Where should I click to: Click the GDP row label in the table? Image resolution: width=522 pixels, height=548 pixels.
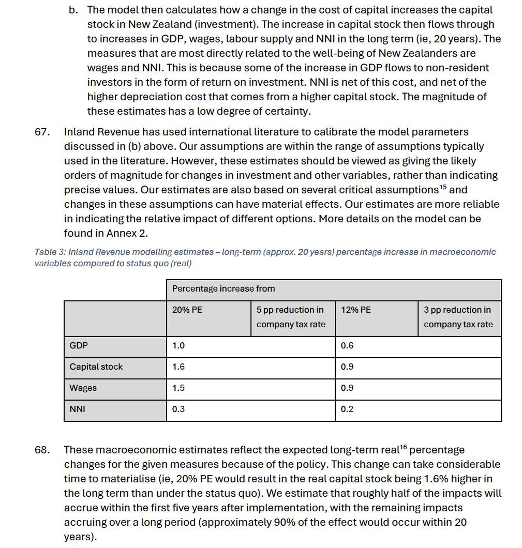point(79,345)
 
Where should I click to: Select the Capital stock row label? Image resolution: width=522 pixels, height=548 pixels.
point(96,367)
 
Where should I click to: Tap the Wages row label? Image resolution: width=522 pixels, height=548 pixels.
point(83,388)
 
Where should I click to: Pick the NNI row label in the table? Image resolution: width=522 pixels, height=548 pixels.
point(78,409)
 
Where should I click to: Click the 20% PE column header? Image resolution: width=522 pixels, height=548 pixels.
point(187,310)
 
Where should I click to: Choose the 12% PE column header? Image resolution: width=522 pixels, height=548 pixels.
point(355,310)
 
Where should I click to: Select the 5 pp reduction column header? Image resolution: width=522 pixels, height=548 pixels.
point(290,317)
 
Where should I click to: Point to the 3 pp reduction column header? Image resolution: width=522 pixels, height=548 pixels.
point(458,317)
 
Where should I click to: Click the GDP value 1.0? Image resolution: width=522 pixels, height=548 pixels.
point(178,345)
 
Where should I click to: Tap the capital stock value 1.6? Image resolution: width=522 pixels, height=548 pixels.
point(178,367)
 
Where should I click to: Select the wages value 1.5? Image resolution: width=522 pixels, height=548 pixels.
point(178,388)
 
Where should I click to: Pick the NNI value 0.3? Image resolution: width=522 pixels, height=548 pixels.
point(178,409)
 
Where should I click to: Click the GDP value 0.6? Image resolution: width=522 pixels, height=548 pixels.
point(347,345)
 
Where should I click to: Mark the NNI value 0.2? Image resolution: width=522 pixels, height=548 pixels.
point(347,409)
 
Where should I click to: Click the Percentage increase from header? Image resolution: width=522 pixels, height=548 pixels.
point(223,288)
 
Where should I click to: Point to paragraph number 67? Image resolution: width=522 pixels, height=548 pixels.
point(42,132)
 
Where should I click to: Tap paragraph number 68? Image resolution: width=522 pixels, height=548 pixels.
point(42,450)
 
